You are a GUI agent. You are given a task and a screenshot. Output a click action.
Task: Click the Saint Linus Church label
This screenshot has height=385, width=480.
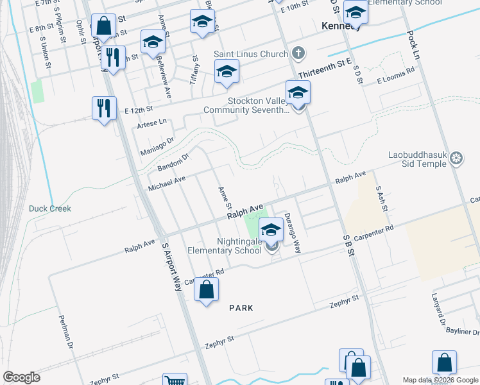255,54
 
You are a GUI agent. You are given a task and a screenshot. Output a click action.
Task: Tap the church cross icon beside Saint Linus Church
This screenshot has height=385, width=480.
298,53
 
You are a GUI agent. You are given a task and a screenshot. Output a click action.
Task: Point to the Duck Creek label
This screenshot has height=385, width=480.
49,209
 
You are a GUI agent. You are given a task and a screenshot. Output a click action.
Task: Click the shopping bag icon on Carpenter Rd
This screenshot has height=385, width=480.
206,290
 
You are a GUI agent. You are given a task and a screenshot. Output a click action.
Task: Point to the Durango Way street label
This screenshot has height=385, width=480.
293,232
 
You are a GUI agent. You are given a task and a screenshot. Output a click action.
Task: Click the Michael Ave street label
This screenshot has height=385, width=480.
167,184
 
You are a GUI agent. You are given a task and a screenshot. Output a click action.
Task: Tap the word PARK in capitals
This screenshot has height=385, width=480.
241,308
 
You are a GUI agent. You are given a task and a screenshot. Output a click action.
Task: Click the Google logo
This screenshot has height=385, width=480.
21,377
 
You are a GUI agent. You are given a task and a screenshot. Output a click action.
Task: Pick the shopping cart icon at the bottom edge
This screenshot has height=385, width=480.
174,381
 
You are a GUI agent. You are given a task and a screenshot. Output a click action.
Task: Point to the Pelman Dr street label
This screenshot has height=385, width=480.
66,332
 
